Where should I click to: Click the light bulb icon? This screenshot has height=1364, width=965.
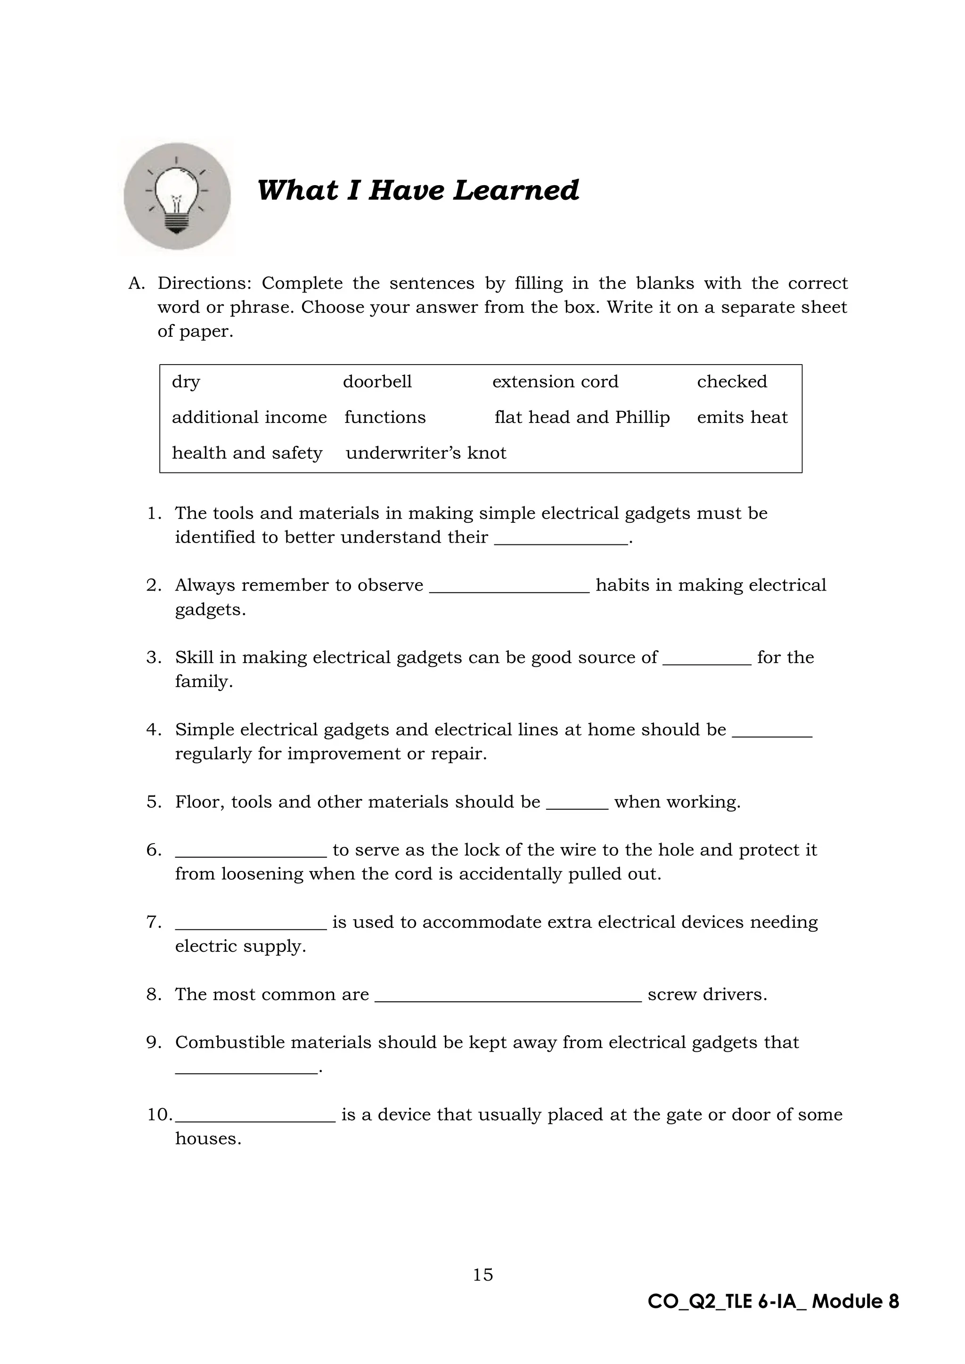[x=177, y=196]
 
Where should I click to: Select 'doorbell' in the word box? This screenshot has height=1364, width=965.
[x=377, y=382]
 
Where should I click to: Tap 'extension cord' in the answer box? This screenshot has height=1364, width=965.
[x=555, y=382]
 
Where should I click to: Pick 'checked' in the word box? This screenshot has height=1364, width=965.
[x=731, y=382]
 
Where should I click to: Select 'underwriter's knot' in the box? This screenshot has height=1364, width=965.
[x=425, y=453]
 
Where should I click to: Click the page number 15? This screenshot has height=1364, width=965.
[x=482, y=1275]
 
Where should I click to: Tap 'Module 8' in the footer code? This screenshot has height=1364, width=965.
[x=855, y=1302]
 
